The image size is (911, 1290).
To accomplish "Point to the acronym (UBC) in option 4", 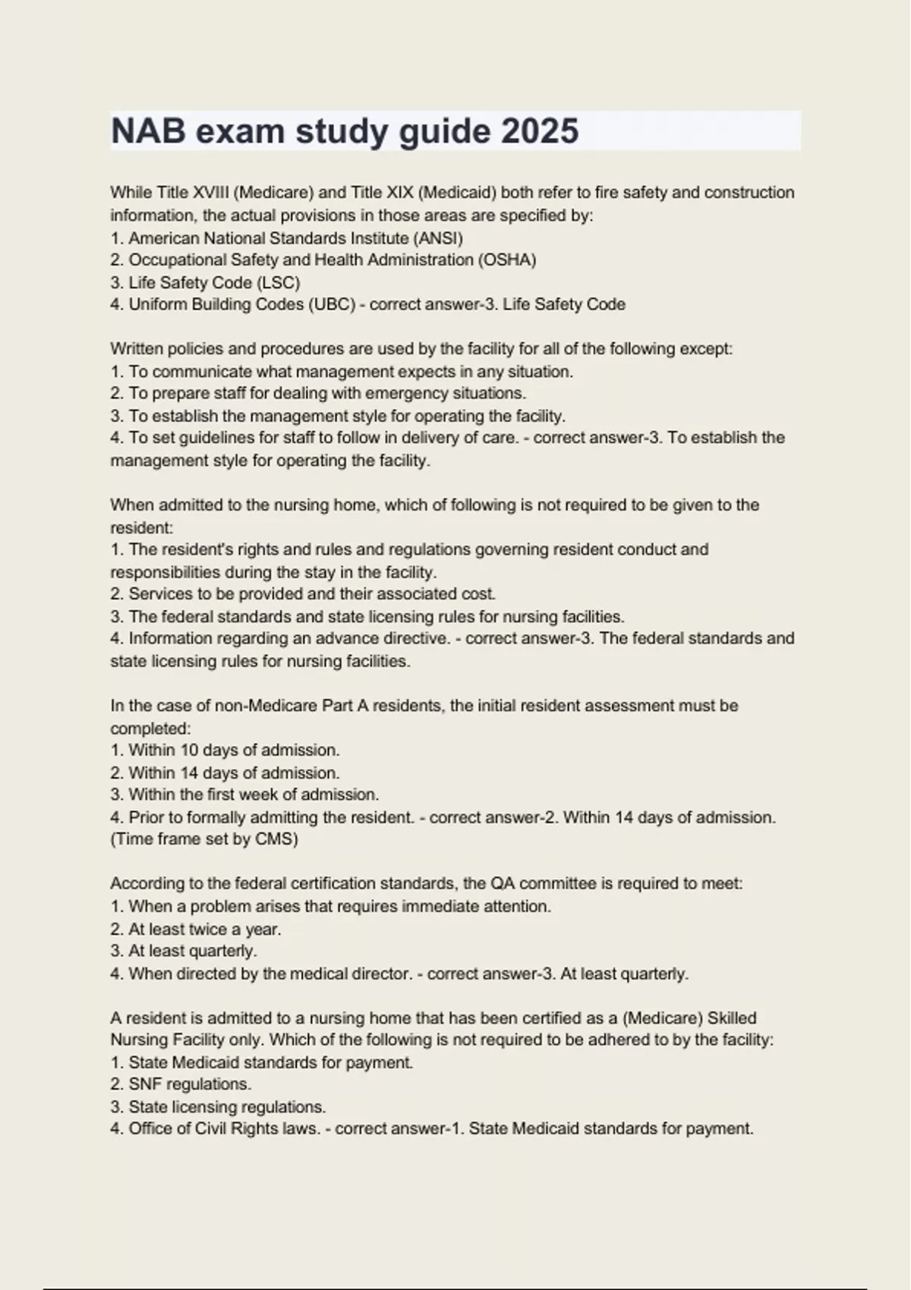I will [331, 304].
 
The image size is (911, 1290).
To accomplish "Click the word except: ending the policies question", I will [706, 349].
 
